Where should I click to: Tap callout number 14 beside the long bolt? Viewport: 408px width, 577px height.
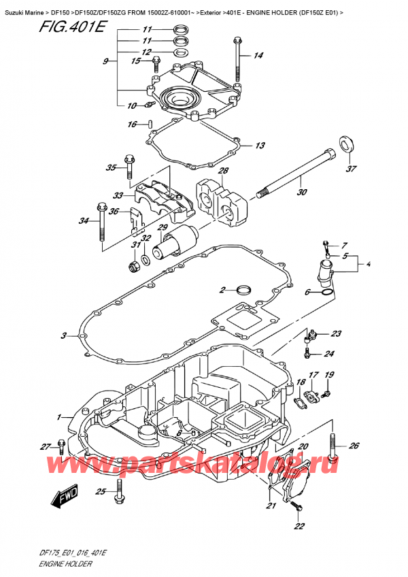pyautogui.click(x=258, y=56)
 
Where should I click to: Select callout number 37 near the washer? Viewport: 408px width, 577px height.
pyautogui.click(x=350, y=169)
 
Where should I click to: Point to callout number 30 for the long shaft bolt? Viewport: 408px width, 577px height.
pyautogui.click(x=301, y=192)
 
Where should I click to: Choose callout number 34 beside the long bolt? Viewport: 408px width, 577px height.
pyautogui.click(x=84, y=220)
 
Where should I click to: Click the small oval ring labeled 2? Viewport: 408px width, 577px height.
pyautogui.click(x=243, y=291)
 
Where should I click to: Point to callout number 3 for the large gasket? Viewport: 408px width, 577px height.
pyautogui.click(x=64, y=335)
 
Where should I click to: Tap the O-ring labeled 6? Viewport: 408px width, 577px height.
pyautogui.click(x=327, y=293)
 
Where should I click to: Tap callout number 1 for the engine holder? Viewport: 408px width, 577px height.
pyautogui.click(x=59, y=416)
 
